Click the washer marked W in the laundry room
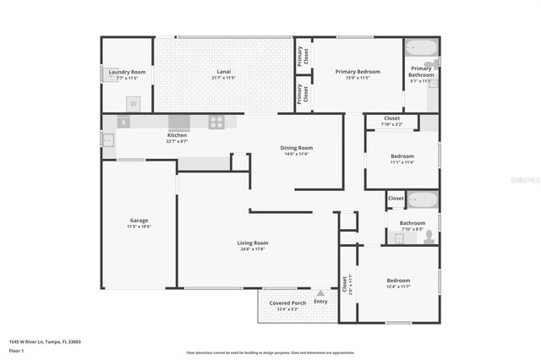pyautogui.click(x=133, y=103)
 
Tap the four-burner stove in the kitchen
pyautogui.click(x=216, y=122)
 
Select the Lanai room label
pyautogui.click(x=223, y=72)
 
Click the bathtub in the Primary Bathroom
pyautogui.click(x=420, y=47)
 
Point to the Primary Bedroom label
pyautogui.click(x=358, y=72)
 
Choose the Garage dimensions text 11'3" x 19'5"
pyautogui.click(x=138, y=226)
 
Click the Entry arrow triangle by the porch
pyautogui.click(x=320, y=294)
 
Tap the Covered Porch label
pyautogui.click(x=287, y=303)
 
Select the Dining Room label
pyautogui.click(x=297, y=148)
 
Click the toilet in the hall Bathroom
pyautogui.click(x=429, y=237)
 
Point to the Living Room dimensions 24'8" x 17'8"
pyautogui.click(x=252, y=249)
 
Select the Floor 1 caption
pyautogui.click(x=17, y=350)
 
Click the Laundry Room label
pyautogui.click(x=127, y=72)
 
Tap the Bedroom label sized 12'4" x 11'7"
pyautogui.click(x=398, y=281)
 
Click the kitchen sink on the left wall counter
pyautogui.click(x=123, y=122)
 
